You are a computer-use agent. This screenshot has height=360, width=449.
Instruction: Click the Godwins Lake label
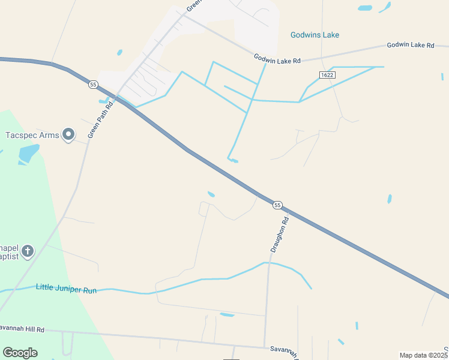pyautogui.click(x=315, y=35)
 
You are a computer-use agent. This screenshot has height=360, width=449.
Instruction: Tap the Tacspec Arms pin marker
pyautogui.click(x=68, y=134)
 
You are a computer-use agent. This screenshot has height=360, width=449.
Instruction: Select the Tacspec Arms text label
pyautogui.click(x=32, y=135)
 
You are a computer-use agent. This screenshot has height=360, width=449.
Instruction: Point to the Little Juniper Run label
pyautogui.click(x=66, y=288)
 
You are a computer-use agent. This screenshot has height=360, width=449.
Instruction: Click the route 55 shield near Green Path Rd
pyautogui.click(x=93, y=85)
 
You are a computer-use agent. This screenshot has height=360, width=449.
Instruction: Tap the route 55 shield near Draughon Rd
pyautogui.click(x=277, y=205)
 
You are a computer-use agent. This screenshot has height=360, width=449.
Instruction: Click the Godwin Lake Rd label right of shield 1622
pyautogui.click(x=410, y=45)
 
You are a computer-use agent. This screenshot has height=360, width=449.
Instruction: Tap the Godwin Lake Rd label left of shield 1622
pyautogui.click(x=276, y=58)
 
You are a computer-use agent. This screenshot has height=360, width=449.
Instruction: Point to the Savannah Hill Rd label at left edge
pyautogui.click(x=22, y=329)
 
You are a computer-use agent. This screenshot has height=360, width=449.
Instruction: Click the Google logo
pyautogui.click(x=20, y=353)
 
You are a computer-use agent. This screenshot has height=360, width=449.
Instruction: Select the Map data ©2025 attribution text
pyautogui.click(x=423, y=355)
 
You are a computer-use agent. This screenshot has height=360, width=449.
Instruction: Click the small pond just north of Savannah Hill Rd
pyautogui.click(x=227, y=314)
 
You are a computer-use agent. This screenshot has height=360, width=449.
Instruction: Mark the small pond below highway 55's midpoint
pyautogui.click(x=211, y=194)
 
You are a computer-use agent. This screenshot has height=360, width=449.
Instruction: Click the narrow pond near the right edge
pyautogui.click(x=390, y=199)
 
